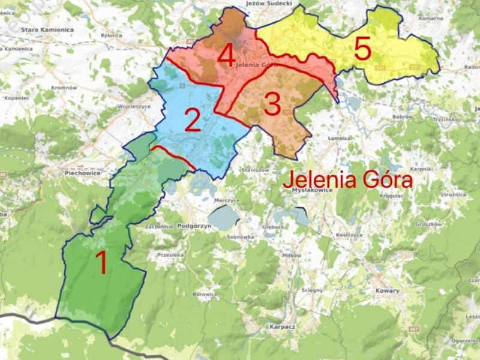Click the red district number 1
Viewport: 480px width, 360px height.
coord(102,263)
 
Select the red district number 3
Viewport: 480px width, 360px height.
coord(272,105)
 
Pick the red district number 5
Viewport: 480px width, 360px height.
coord(362,49)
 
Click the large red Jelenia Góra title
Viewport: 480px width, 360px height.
coord(348,179)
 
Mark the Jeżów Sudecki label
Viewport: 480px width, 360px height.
coord(269,4)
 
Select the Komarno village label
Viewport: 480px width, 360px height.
coord(431,19)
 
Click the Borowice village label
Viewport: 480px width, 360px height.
coord(205,295)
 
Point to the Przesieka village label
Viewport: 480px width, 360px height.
coord(170,254)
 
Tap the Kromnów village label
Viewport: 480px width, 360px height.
coord(64,88)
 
